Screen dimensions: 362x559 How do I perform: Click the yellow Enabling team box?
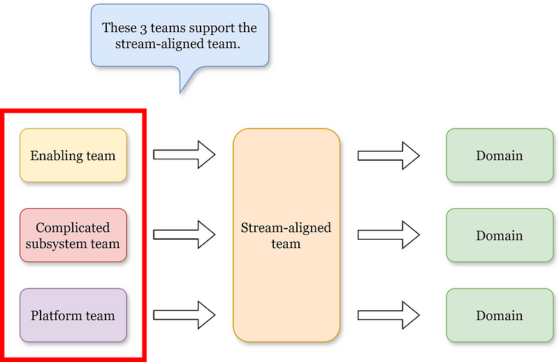(x=73, y=155)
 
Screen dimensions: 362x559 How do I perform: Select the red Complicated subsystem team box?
(x=73, y=236)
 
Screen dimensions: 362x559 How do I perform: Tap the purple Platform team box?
(x=73, y=315)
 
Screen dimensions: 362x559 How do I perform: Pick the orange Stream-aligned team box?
(x=286, y=236)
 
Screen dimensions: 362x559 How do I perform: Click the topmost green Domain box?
(x=500, y=155)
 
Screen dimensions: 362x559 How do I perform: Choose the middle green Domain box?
(x=500, y=236)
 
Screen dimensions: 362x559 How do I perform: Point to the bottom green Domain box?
(x=500, y=315)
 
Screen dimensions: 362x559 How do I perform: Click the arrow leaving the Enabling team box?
(x=184, y=154)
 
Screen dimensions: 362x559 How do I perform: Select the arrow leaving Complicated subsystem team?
(x=184, y=235)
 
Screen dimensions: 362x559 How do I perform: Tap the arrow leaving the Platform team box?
(x=184, y=315)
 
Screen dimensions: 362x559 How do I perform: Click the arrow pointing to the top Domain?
(x=388, y=154)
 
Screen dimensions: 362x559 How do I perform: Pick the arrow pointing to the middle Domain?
(x=388, y=235)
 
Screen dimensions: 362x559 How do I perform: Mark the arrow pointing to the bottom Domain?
(x=388, y=315)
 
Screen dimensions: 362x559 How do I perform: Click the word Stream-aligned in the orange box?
(x=286, y=228)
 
